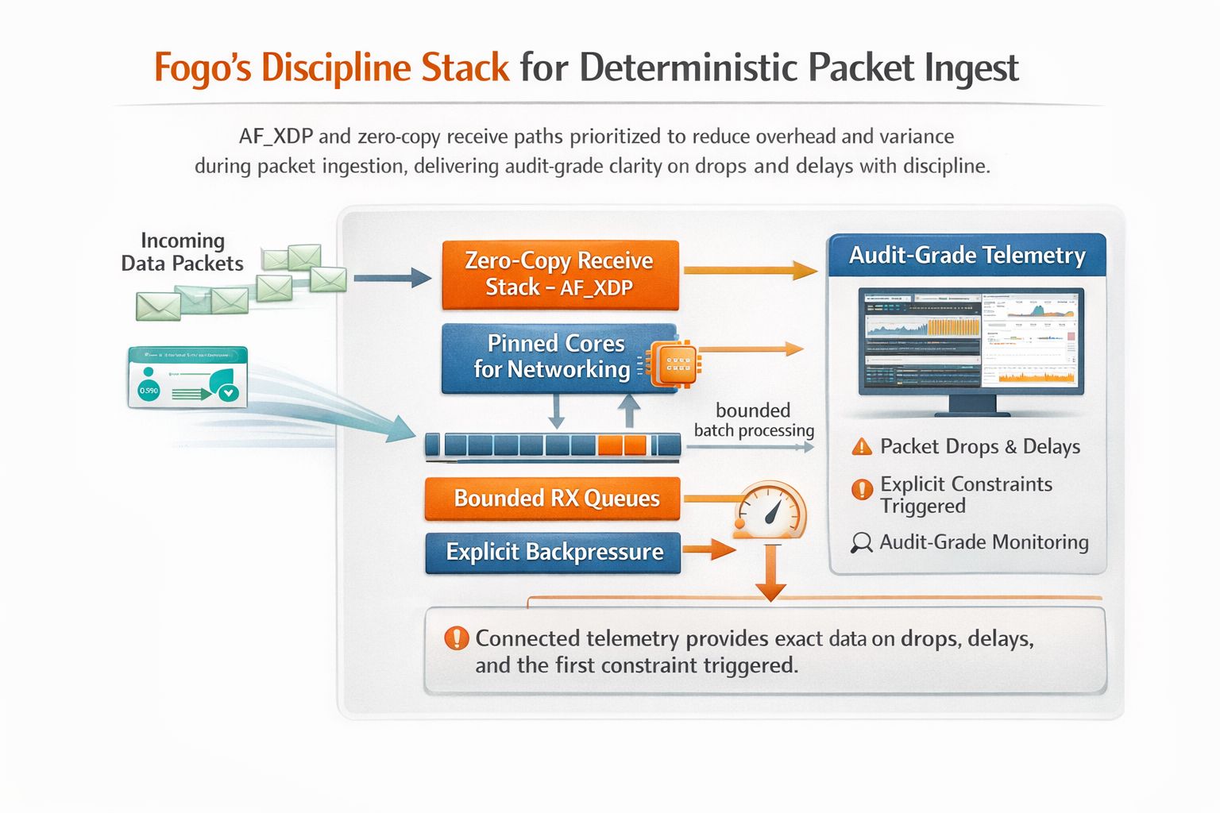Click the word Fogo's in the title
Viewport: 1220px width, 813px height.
[x=203, y=67]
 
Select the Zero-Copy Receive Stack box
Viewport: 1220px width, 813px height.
[x=560, y=274]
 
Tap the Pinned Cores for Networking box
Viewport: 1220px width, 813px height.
[x=556, y=357]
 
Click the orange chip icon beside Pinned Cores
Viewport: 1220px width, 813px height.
[x=674, y=364]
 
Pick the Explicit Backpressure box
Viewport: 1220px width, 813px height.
[x=553, y=552]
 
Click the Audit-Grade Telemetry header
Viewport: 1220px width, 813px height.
[x=967, y=255]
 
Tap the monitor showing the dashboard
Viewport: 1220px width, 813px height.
[x=971, y=341]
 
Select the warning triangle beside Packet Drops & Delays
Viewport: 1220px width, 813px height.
[x=862, y=447]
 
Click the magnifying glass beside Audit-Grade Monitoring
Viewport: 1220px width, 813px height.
[x=861, y=543]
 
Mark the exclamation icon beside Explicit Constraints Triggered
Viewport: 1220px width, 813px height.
[x=862, y=490]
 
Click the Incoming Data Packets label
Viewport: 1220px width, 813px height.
[x=182, y=252]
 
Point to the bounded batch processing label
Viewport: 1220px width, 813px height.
[x=754, y=420]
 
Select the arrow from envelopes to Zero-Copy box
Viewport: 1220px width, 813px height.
[x=392, y=278]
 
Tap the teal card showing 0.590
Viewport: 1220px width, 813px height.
[x=187, y=377]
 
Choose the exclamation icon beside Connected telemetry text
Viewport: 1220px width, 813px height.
[x=457, y=638]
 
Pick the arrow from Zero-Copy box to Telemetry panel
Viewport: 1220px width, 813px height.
[x=750, y=271]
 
